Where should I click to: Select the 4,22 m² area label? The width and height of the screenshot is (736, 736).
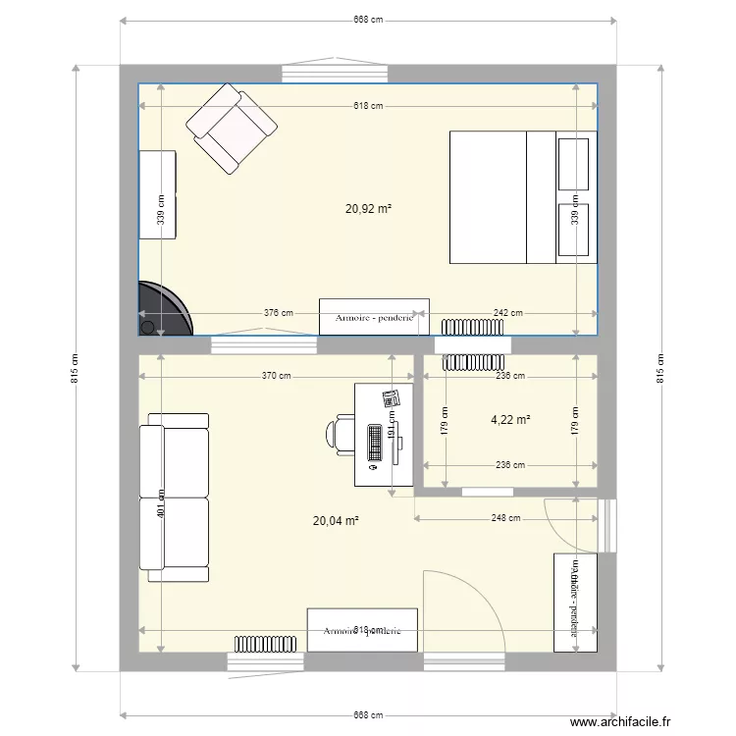[x=510, y=420]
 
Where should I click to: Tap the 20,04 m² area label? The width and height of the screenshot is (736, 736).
[x=336, y=521]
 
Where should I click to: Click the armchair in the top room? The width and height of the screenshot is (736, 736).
[x=232, y=127]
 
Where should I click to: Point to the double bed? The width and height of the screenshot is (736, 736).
[x=522, y=197]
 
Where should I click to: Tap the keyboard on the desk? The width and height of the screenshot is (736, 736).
[x=375, y=443]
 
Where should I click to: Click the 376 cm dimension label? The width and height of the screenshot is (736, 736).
[x=278, y=313]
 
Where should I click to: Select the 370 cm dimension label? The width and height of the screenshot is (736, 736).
[x=277, y=375]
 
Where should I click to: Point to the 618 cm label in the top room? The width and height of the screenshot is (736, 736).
[x=368, y=106]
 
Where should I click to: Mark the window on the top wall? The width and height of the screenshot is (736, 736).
[x=337, y=73]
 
